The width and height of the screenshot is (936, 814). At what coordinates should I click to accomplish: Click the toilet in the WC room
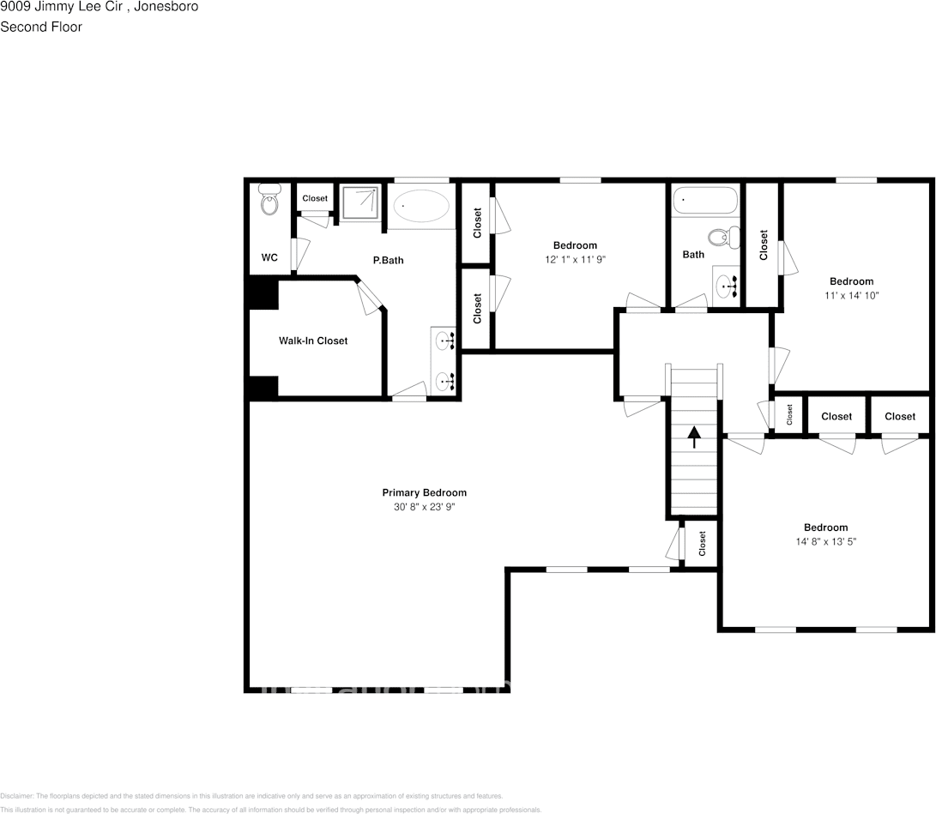269,202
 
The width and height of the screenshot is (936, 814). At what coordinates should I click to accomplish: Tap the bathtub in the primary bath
421,207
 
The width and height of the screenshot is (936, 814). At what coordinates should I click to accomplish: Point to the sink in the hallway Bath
726,286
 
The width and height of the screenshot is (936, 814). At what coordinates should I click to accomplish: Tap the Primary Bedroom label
424,492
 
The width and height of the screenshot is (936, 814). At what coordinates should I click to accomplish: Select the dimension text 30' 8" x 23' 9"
424,507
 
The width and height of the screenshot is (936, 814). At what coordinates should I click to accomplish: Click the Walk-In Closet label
313,341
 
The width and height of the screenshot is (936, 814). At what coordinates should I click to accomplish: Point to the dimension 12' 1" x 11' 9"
574,259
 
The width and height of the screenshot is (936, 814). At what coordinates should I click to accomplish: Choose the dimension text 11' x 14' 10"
851,295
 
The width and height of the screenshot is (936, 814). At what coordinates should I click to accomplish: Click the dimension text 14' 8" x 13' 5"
825,541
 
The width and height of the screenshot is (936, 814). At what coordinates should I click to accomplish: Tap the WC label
269,257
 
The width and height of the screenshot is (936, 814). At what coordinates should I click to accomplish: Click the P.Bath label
388,260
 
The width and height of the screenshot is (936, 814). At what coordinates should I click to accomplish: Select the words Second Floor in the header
41,27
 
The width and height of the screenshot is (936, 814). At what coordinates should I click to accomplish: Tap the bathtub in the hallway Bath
704,201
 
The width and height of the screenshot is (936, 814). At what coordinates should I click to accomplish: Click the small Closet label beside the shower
315,198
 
